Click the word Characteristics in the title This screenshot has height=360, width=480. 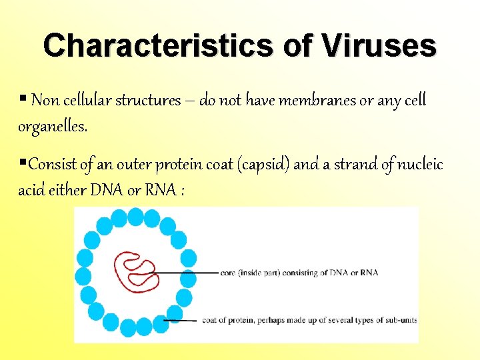tap(154, 46)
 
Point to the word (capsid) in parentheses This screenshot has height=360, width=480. tap(259, 164)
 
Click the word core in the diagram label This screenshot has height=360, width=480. tap(229, 273)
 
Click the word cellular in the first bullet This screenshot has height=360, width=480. tap(87, 101)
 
